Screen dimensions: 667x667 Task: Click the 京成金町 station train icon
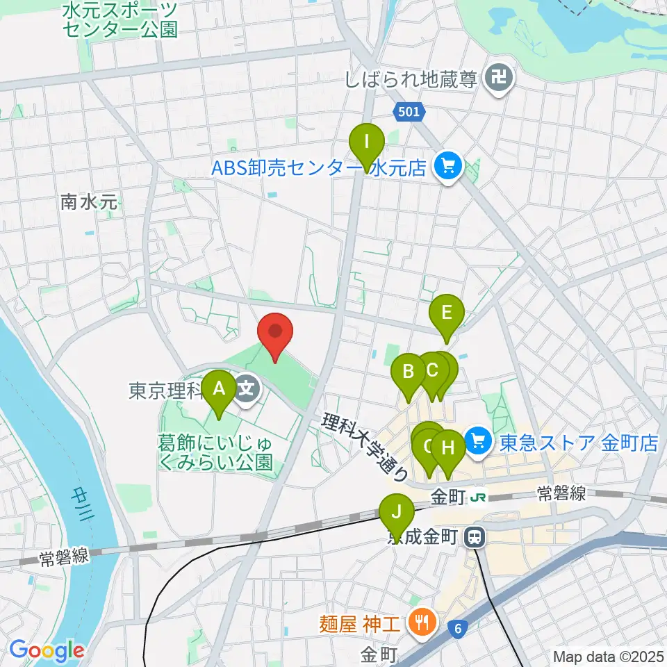[475, 536]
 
